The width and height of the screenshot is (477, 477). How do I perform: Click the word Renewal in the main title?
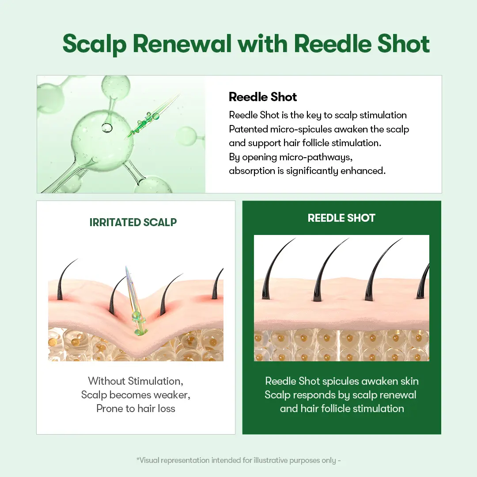[x=182, y=43]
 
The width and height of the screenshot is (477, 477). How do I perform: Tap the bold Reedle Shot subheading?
[x=262, y=97]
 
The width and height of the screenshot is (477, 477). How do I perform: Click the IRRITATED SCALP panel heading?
[x=133, y=222]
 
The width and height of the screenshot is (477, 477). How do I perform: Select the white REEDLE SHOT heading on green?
[x=341, y=218]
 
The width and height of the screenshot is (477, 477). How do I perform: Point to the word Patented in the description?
[x=248, y=129]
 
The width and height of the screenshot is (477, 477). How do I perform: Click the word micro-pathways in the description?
[x=316, y=157]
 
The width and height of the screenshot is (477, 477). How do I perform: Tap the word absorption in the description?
[x=252, y=171]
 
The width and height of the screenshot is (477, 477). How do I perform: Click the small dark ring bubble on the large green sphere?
[x=107, y=128]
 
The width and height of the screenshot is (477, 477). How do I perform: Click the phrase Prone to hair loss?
[x=136, y=408]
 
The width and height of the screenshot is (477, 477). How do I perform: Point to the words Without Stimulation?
[x=136, y=381]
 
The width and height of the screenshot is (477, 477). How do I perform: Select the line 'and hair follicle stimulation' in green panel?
[x=342, y=408]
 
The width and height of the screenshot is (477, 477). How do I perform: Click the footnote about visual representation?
[x=238, y=460]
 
